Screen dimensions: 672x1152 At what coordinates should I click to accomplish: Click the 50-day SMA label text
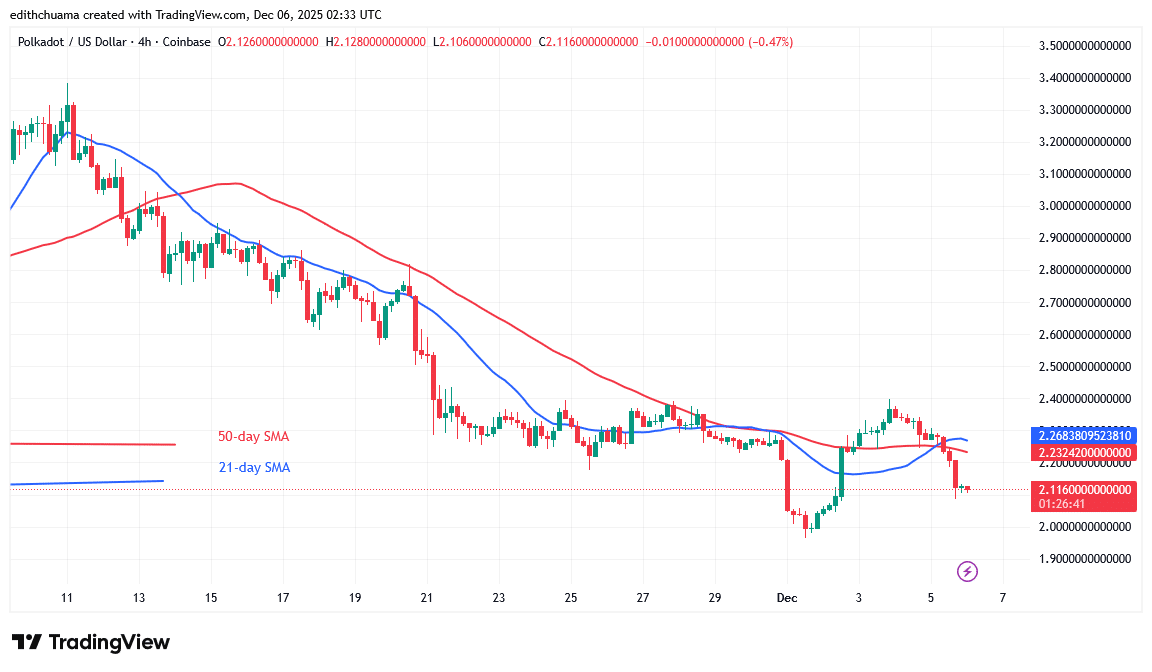click(x=253, y=437)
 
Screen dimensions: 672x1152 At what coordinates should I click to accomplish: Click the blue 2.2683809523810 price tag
click(x=1085, y=436)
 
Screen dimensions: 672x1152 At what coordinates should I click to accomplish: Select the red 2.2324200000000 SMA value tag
click(x=1085, y=453)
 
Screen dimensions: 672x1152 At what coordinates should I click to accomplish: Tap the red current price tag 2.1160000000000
click(x=1085, y=490)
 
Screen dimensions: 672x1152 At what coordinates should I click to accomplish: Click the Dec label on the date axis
click(x=787, y=597)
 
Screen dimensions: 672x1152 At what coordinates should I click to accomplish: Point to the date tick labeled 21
click(x=427, y=597)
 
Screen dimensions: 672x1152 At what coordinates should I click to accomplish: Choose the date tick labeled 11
click(x=67, y=597)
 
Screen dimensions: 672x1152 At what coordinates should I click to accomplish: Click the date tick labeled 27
click(x=643, y=597)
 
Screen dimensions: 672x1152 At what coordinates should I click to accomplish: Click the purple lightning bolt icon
click(x=967, y=572)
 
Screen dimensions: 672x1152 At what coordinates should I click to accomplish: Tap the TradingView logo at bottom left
click(x=91, y=642)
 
